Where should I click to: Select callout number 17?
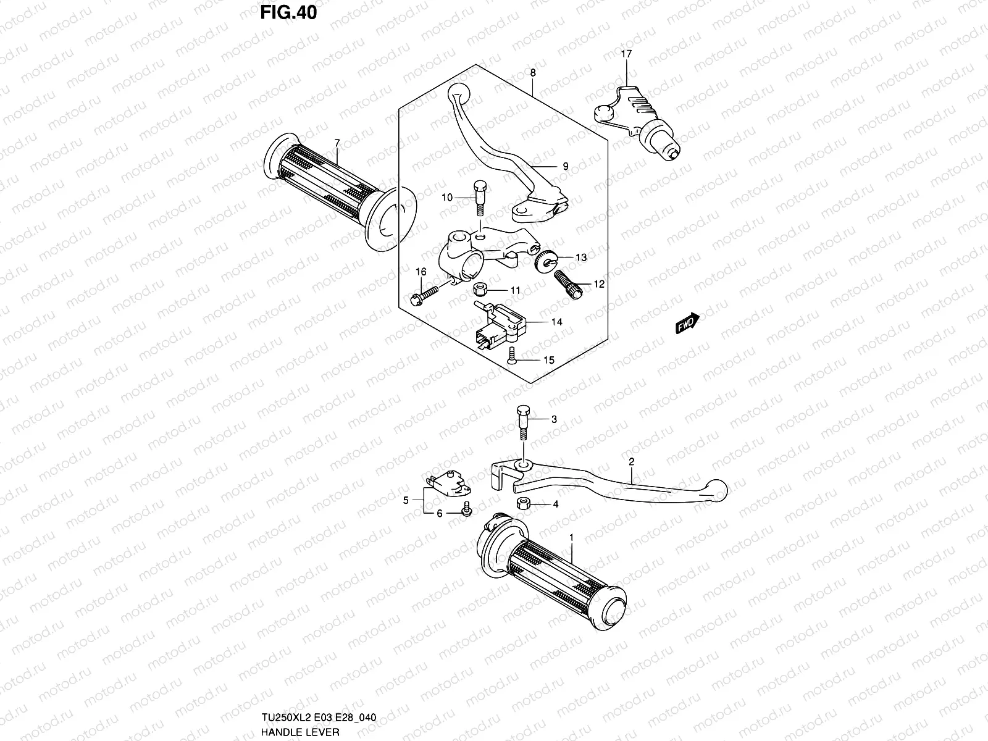tap(626, 54)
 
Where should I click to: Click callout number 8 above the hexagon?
tap(533, 73)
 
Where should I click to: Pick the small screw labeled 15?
tap(511, 356)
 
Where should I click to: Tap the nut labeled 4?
tap(522, 503)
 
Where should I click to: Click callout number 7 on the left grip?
tap(337, 143)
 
